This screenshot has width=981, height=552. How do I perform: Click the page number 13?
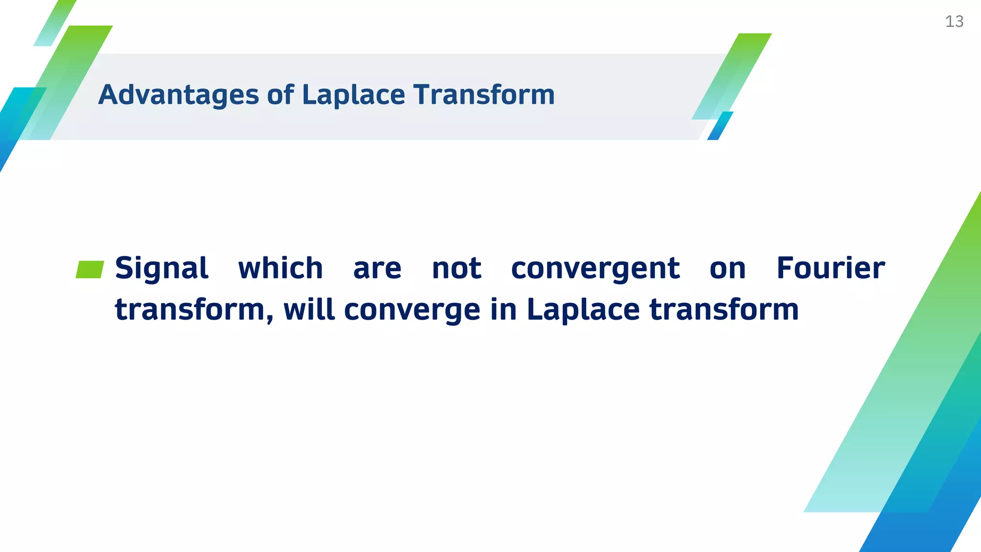pyautogui.click(x=954, y=22)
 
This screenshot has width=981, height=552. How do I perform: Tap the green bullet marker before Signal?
pyautogui.click(x=90, y=269)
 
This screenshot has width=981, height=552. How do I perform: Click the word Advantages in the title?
pyautogui.click(x=179, y=95)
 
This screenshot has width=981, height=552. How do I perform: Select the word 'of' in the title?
pyautogui.click(x=280, y=94)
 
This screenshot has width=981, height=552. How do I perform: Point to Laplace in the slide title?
pyautogui.click(x=354, y=95)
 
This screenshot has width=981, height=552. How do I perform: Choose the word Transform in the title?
pyautogui.click(x=484, y=94)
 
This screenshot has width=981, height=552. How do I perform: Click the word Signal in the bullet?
pyautogui.click(x=161, y=268)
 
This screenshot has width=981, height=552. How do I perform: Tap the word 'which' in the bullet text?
pyautogui.click(x=281, y=268)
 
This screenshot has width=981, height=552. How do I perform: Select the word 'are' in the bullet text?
pyautogui.click(x=377, y=269)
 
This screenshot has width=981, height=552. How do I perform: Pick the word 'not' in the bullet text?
pyautogui.click(x=456, y=269)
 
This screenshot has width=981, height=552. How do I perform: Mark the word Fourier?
pyautogui.click(x=830, y=268)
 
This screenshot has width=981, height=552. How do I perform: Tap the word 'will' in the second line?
pyautogui.click(x=309, y=310)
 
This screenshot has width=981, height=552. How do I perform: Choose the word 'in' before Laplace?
pyautogui.click(x=503, y=310)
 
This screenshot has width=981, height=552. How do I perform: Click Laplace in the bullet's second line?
pyautogui.click(x=583, y=310)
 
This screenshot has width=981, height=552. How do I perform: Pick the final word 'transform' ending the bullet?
pyautogui.click(x=724, y=310)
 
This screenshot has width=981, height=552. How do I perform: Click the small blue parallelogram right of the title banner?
pyautogui.click(x=720, y=126)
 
